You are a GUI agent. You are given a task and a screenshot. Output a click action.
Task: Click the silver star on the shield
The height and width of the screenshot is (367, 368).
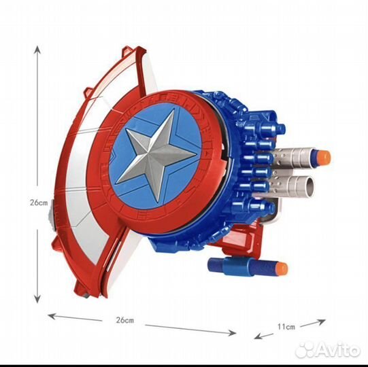point(154,156)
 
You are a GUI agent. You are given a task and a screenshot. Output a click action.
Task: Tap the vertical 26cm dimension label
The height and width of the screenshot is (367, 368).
point(39,203)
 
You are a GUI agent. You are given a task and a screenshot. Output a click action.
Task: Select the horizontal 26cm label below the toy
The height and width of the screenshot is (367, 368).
point(125,320)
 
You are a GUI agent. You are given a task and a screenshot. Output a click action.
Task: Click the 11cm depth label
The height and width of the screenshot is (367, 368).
point(286,326)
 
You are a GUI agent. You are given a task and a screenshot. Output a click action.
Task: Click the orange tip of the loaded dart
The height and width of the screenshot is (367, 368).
point(324,156)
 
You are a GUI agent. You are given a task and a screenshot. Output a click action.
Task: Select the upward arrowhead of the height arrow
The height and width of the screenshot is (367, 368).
point(37,50)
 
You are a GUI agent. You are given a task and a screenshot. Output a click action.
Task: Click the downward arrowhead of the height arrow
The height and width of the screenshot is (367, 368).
point(37,299)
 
